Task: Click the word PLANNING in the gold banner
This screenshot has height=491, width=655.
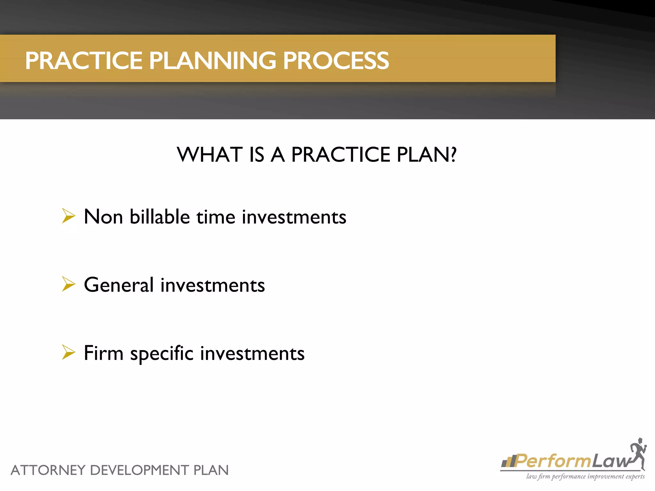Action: (212, 61)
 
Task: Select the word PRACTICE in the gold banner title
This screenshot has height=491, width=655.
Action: (84, 61)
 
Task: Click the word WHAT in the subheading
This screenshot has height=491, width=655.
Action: (209, 155)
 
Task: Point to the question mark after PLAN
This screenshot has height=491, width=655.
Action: (453, 155)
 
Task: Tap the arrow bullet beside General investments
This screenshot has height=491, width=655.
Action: (68, 284)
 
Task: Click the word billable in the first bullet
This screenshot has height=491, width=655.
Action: (160, 217)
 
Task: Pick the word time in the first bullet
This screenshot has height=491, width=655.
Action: (216, 217)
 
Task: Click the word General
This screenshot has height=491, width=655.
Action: (119, 285)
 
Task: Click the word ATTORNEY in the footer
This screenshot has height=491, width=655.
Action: (48, 471)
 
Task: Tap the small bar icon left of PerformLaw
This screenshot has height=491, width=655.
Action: (508, 462)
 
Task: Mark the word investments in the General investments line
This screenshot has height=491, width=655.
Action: (213, 285)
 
